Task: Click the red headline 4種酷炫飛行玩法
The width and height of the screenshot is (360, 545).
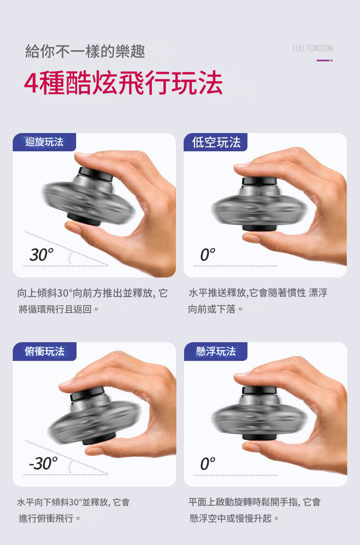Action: click(x=123, y=83)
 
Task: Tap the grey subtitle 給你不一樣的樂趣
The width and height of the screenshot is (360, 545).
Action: click(x=85, y=51)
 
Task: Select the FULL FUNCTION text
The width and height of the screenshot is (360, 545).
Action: click(x=313, y=48)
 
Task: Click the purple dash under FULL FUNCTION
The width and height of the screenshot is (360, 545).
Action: click(x=324, y=61)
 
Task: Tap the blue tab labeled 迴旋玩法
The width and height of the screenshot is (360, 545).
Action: click(x=44, y=142)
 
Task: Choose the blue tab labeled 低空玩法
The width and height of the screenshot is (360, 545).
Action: click(x=216, y=142)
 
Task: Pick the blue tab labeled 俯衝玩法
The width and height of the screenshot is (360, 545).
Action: click(x=45, y=351)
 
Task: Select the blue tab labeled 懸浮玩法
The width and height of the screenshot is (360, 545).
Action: click(x=216, y=351)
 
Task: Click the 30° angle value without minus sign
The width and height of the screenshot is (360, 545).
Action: click(x=41, y=255)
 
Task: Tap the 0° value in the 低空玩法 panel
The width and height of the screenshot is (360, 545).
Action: click(x=207, y=255)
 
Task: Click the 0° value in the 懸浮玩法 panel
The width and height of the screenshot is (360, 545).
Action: click(x=207, y=463)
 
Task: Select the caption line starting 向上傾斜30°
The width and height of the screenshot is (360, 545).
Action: click(x=93, y=293)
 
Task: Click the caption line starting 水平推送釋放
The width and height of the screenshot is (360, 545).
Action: click(x=258, y=293)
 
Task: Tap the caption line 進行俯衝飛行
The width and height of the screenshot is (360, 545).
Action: click(x=50, y=518)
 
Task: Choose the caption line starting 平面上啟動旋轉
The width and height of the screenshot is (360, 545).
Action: click(x=254, y=502)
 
